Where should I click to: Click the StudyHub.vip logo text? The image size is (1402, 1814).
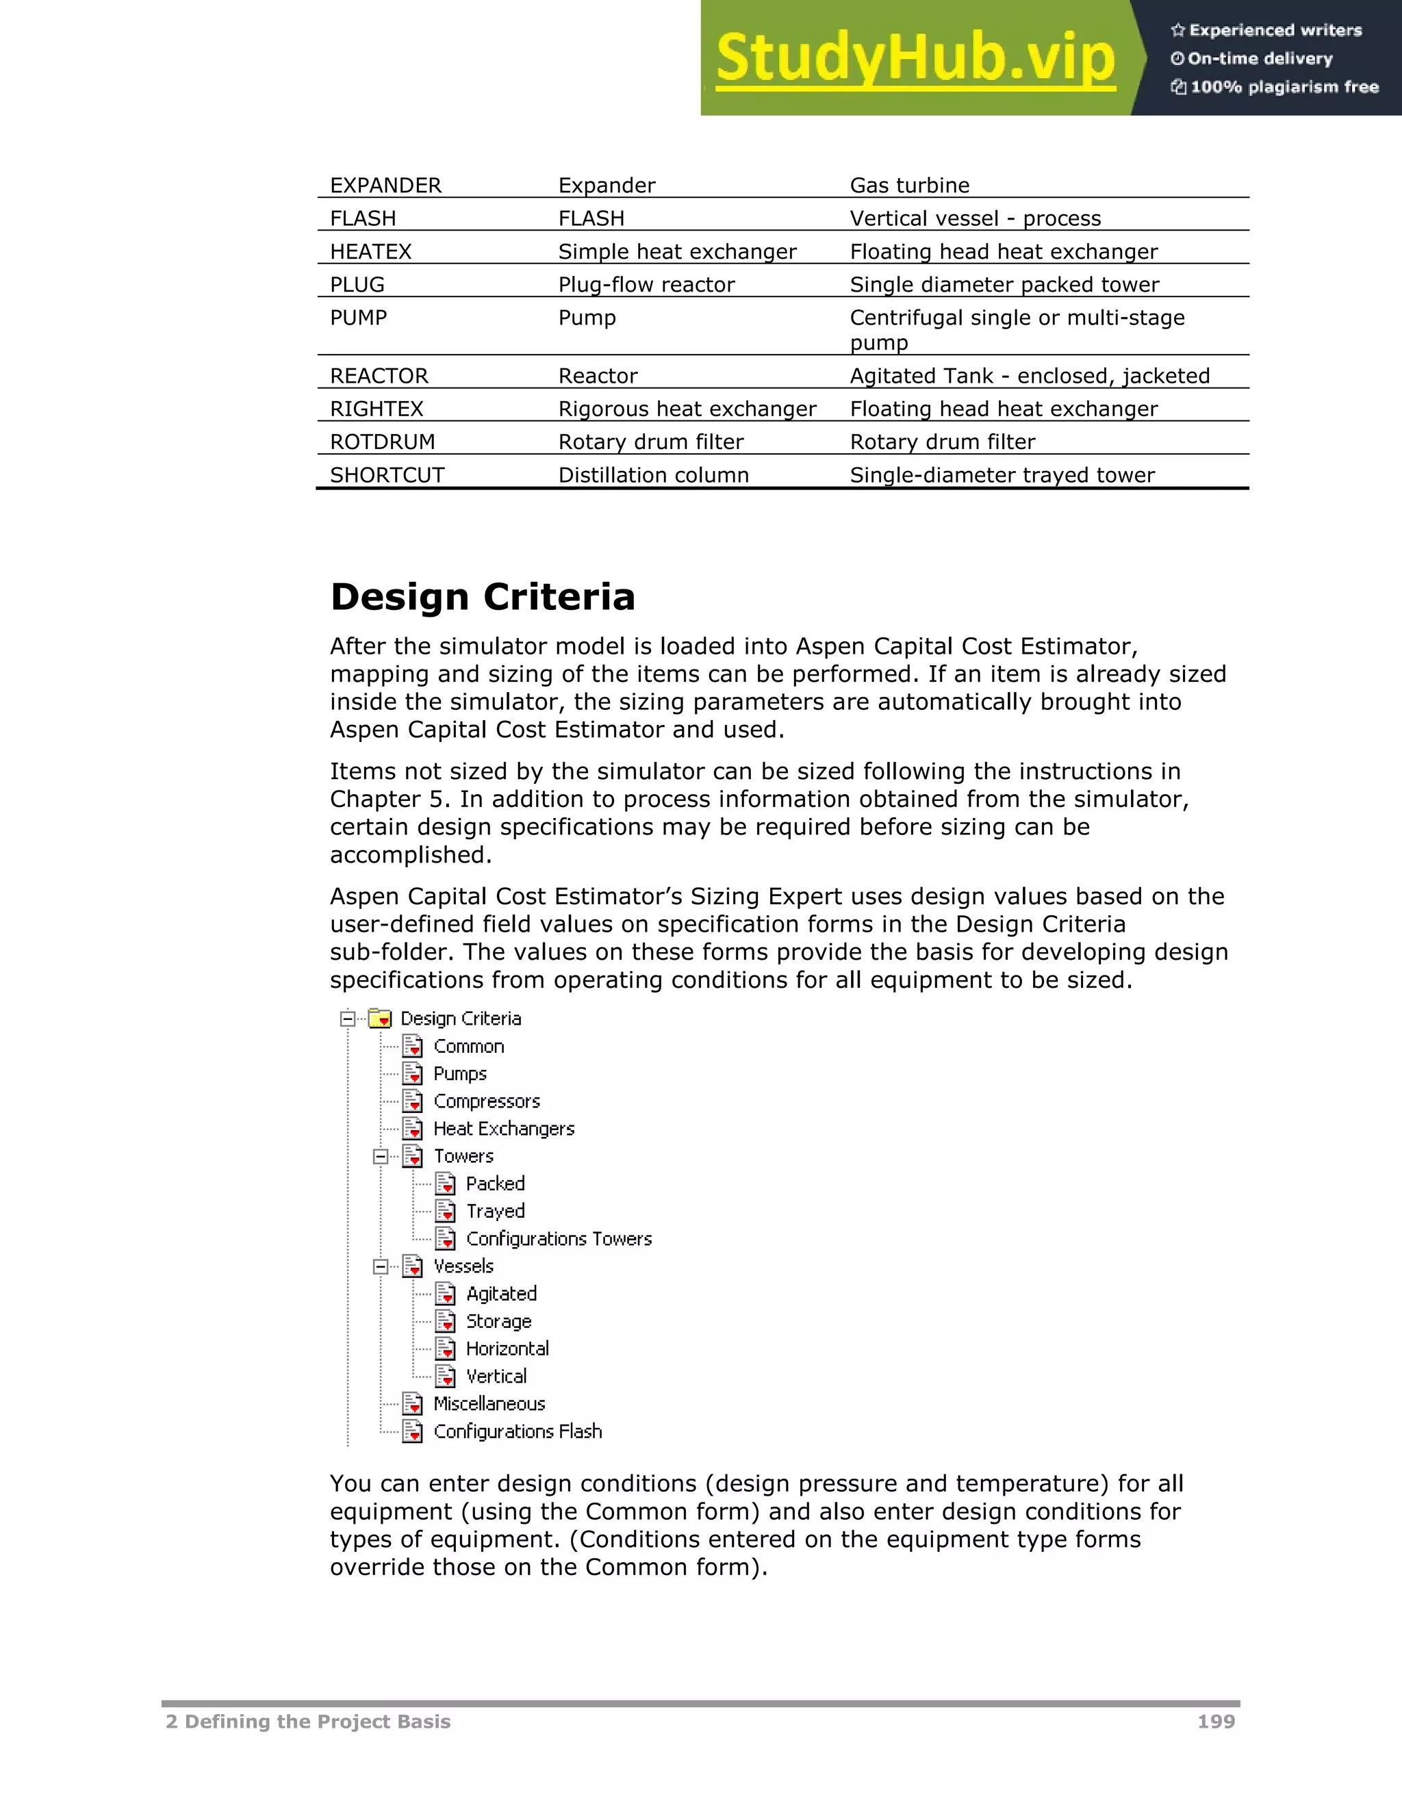(x=915, y=58)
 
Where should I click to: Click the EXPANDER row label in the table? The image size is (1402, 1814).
(x=385, y=186)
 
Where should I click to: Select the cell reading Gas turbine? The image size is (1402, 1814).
(x=910, y=186)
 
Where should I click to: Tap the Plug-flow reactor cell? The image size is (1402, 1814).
(x=646, y=285)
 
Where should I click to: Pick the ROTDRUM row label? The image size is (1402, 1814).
(x=382, y=442)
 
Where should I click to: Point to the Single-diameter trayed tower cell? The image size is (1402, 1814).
(x=1002, y=475)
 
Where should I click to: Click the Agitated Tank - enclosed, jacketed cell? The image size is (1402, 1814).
(x=1029, y=376)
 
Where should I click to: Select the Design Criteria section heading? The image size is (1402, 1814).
(x=483, y=597)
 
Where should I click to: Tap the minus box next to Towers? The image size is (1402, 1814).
(x=381, y=1156)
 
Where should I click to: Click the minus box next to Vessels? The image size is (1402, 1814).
(x=381, y=1266)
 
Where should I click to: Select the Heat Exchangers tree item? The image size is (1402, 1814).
(x=503, y=1129)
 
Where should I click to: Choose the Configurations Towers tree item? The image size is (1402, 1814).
(x=558, y=1239)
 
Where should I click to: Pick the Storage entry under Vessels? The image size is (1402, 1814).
(x=498, y=1321)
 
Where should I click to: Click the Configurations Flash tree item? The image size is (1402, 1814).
(x=517, y=1432)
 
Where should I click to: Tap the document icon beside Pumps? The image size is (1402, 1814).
(x=413, y=1074)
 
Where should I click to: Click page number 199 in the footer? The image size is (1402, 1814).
(x=1215, y=1722)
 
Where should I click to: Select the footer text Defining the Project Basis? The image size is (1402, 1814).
(x=316, y=1722)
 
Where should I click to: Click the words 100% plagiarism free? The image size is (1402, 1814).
(x=1284, y=87)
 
